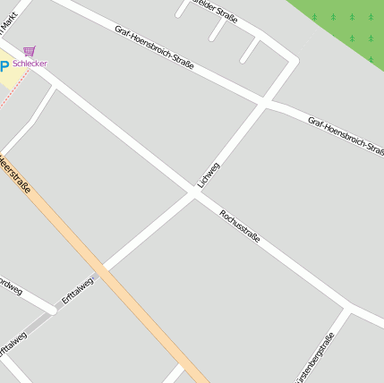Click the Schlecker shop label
pos(30,64)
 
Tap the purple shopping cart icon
pos(30,51)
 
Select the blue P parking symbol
pos(4,64)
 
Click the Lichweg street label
pos(209,174)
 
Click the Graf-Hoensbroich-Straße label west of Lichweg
pos(154,48)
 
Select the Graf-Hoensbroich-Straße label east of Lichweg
pos(346,135)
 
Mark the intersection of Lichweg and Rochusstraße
pos(195,191)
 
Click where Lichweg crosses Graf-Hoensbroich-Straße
pos(266,103)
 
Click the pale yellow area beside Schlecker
pos(11,79)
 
